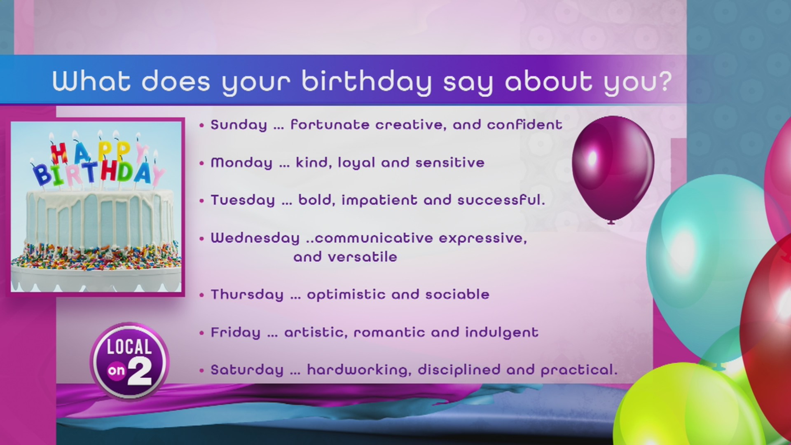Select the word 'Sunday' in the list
pyautogui.click(x=239, y=125)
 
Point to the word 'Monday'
pyautogui.click(x=241, y=163)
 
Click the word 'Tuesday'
pyautogui.click(x=243, y=200)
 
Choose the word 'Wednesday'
pyautogui.click(x=255, y=238)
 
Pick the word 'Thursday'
pyautogui.click(x=247, y=295)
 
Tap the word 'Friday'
pyautogui.click(x=236, y=333)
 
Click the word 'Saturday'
pyautogui.click(x=247, y=370)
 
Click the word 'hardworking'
pyautogui.click(x=359, y=370)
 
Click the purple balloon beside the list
pyautogui.click(x=613, y=167)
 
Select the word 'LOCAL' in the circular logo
pyautogui.click(x=129, y=347)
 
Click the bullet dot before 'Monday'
pyautogui.click(x=202, y=163)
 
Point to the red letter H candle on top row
pyautogui.click(x=59, y=153)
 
